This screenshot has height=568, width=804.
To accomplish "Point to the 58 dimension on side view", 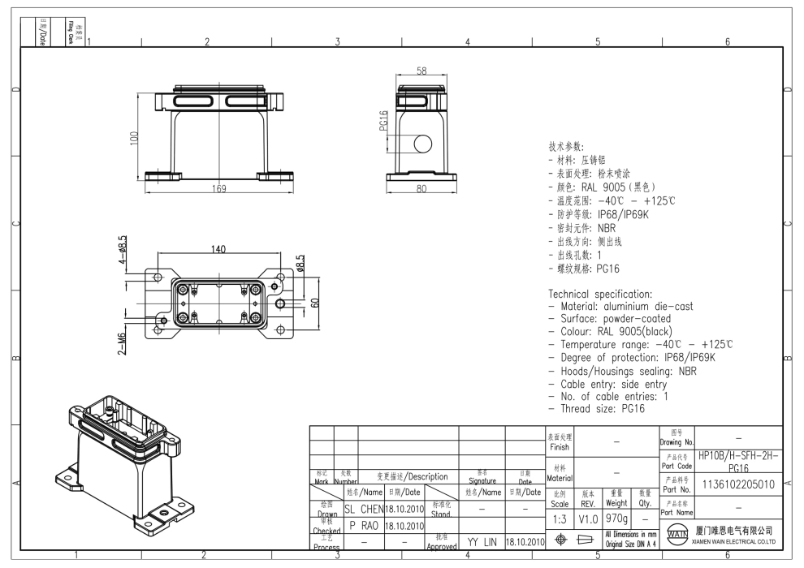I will (421, 71).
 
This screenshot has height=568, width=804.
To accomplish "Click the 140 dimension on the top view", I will (218, 249).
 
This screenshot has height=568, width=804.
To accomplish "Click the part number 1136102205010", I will (737, 484).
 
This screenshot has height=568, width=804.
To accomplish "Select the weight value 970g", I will (616, 518).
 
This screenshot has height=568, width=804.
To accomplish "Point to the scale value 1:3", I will (560, 518).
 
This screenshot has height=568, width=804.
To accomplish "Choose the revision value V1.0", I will (588, 518).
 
